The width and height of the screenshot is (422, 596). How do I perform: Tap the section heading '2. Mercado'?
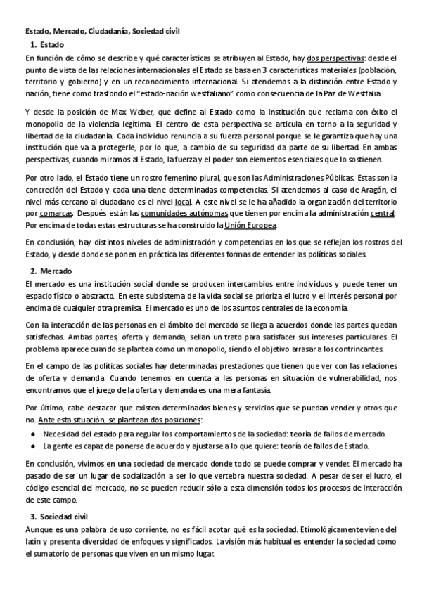point(51,271)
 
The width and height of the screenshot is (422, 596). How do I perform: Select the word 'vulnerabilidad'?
point(338,379)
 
